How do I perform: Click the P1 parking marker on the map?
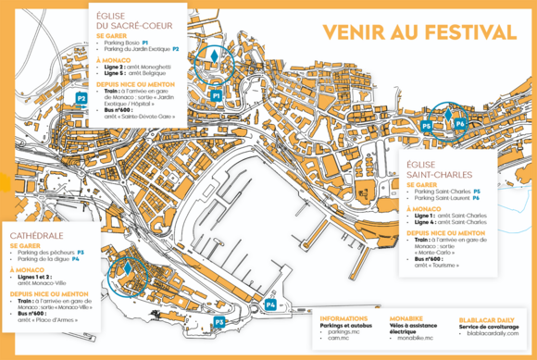[216, 95]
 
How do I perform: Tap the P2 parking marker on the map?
[81, 97]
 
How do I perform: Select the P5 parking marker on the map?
[427, 123]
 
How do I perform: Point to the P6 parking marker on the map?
[460, 121]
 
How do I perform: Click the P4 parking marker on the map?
[270, 304]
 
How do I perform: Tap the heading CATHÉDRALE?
[39, 236]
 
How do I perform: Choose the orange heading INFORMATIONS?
[344, 317]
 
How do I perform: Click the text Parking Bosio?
[122, 43]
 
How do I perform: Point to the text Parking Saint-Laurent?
[443, 198]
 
